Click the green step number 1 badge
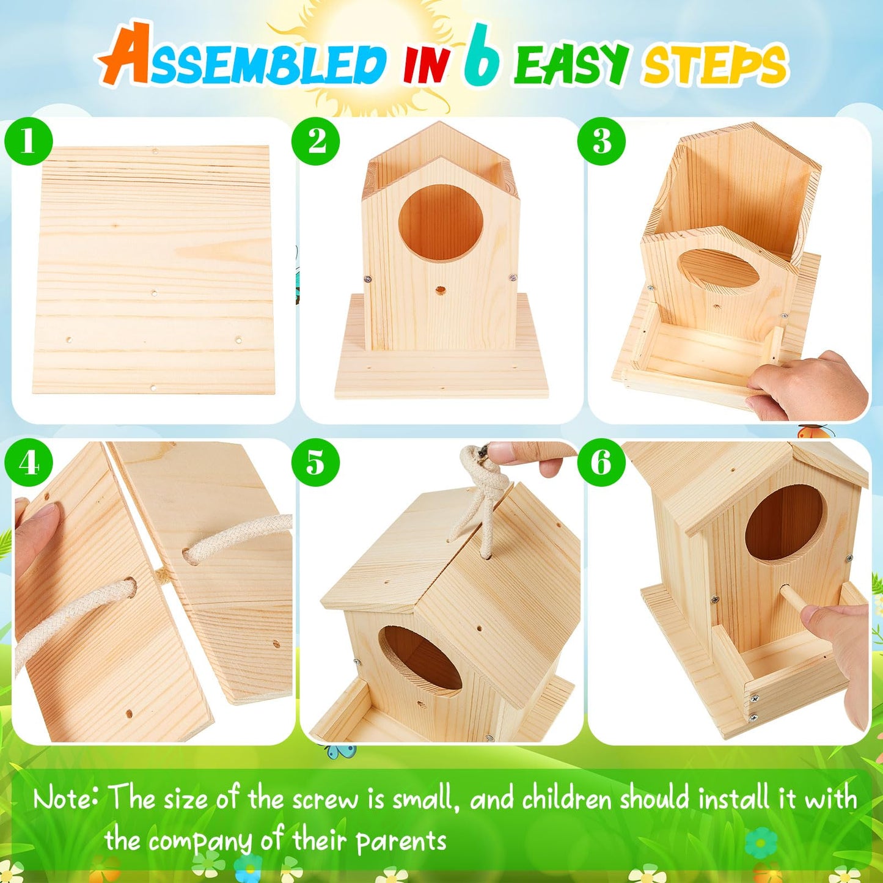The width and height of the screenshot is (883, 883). (28, 141)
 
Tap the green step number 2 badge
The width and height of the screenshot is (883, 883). (315, 141)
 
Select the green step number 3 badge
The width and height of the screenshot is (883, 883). (601, 141)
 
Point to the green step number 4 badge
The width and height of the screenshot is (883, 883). (28, 463)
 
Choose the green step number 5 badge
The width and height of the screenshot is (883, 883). (315, 463)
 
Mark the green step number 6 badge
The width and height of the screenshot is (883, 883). (601, 463)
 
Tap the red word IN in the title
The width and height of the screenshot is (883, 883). (426, 65)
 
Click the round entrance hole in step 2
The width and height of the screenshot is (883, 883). (440, 223)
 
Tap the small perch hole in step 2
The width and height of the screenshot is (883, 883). (440, 290)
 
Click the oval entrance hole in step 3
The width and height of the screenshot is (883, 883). (719, 269)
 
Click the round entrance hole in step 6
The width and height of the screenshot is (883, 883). (785, 523)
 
